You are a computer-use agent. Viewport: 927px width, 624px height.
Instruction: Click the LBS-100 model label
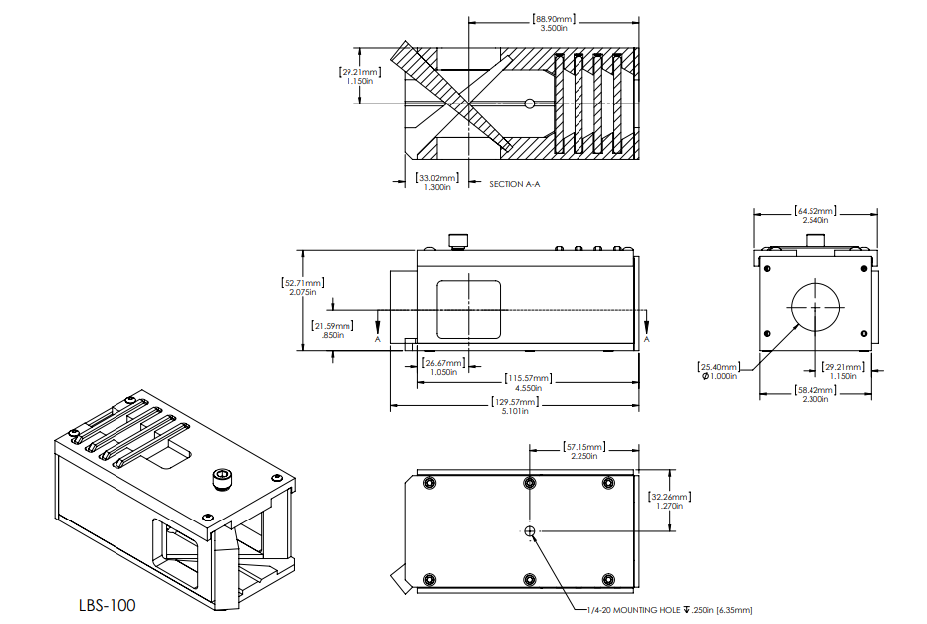[107, 604]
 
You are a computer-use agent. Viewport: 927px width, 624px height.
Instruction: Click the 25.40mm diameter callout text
[718, 370]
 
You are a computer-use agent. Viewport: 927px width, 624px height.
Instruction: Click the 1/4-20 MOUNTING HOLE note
[668, 610]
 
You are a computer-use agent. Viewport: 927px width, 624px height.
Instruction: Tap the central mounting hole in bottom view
[529, 531]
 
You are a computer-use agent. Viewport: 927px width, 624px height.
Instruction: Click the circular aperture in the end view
[816, 308]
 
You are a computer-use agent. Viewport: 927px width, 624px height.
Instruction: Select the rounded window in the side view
[468, 309]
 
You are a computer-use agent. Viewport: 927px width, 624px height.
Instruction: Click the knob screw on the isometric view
[221, 481]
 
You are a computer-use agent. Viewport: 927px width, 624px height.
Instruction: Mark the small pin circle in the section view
[531, 103]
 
